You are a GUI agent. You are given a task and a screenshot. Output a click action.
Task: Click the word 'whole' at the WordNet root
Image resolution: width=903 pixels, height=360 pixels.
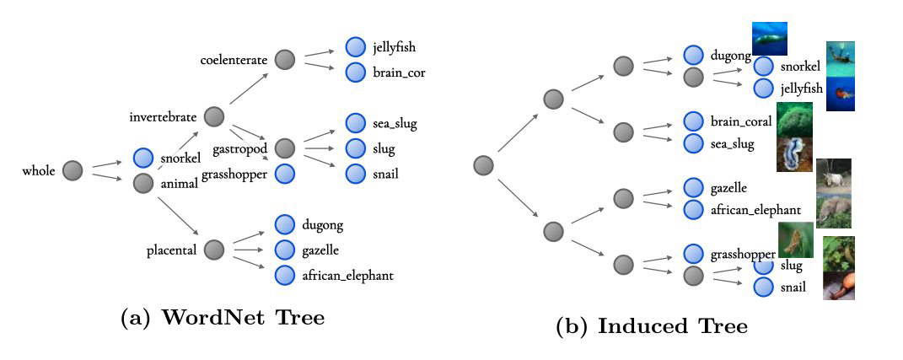click(x=39, y=171)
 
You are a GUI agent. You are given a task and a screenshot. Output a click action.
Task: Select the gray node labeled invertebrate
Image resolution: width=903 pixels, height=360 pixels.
click(x=214, y=116)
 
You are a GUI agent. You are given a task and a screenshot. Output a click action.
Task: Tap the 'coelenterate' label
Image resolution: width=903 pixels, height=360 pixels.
click(x=234, y=60)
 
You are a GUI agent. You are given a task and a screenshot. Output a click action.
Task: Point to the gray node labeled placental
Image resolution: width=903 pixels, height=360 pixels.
click(x=214, y=250)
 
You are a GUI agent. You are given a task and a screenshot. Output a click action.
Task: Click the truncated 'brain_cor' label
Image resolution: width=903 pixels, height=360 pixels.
click(x=399, y=73)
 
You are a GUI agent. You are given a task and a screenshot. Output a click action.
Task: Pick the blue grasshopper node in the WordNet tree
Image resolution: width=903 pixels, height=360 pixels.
click(x=285, y=175)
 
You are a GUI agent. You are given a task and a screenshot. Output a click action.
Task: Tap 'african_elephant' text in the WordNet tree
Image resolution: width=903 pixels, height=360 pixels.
click(x=347, y=275)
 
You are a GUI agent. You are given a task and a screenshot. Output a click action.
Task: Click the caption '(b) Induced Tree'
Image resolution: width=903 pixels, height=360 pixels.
click(x=651, y=326)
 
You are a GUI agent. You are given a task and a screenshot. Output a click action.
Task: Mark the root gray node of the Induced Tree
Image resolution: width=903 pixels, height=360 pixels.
click(x=483, y=164)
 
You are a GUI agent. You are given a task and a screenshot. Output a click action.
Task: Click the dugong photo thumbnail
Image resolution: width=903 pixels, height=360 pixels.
click(x=770, y=39)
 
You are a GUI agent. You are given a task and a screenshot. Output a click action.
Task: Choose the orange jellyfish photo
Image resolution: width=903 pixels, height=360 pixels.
click(x=841, y=94)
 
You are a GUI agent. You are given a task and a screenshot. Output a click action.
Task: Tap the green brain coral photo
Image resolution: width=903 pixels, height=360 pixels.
click(x=794, y=119)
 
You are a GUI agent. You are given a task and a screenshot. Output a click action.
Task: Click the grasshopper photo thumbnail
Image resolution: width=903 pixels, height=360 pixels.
click(x=796, y=239)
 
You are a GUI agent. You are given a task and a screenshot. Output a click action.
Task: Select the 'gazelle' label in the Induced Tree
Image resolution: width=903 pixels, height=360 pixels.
click(x=728, y=187)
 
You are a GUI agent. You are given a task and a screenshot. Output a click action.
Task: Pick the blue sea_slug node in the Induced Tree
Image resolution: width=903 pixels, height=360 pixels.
click(x=693, y=144)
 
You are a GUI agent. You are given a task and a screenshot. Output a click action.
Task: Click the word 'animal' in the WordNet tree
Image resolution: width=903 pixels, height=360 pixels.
click(x=178, y=183)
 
